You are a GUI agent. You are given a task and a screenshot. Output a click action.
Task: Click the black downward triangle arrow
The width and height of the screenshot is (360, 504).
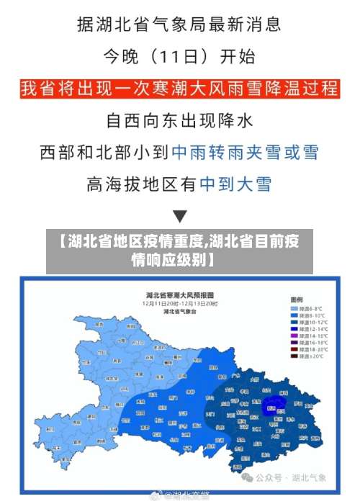pyautogui.click(x=180, y=215)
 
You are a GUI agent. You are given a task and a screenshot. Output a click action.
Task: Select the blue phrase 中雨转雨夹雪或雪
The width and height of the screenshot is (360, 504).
pyautogui.click(x=244, y=153)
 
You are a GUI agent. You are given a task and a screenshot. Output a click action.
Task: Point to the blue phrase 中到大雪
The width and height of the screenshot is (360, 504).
pyautogui.click(x=235, y=184)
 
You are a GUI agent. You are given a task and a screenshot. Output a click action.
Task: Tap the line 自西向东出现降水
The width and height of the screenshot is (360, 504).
pyautogui.click(x=180, y=121)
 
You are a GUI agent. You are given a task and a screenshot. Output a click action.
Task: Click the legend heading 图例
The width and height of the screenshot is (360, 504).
pyautogui.click(x=297, y=299)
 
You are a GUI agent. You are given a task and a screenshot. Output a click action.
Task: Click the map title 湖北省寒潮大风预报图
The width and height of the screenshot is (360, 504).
pyautogui.click(x=179, y=296)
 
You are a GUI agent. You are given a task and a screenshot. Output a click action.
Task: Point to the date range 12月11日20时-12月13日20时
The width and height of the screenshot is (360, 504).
pyautogui.click(x=180, y=304)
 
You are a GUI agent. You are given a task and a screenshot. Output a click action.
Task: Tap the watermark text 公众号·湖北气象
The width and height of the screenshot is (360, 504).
pyautogui.click(x=295, y=477)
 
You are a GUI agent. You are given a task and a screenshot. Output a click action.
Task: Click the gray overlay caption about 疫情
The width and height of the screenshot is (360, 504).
pyautogui.click(x=180, y=249)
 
